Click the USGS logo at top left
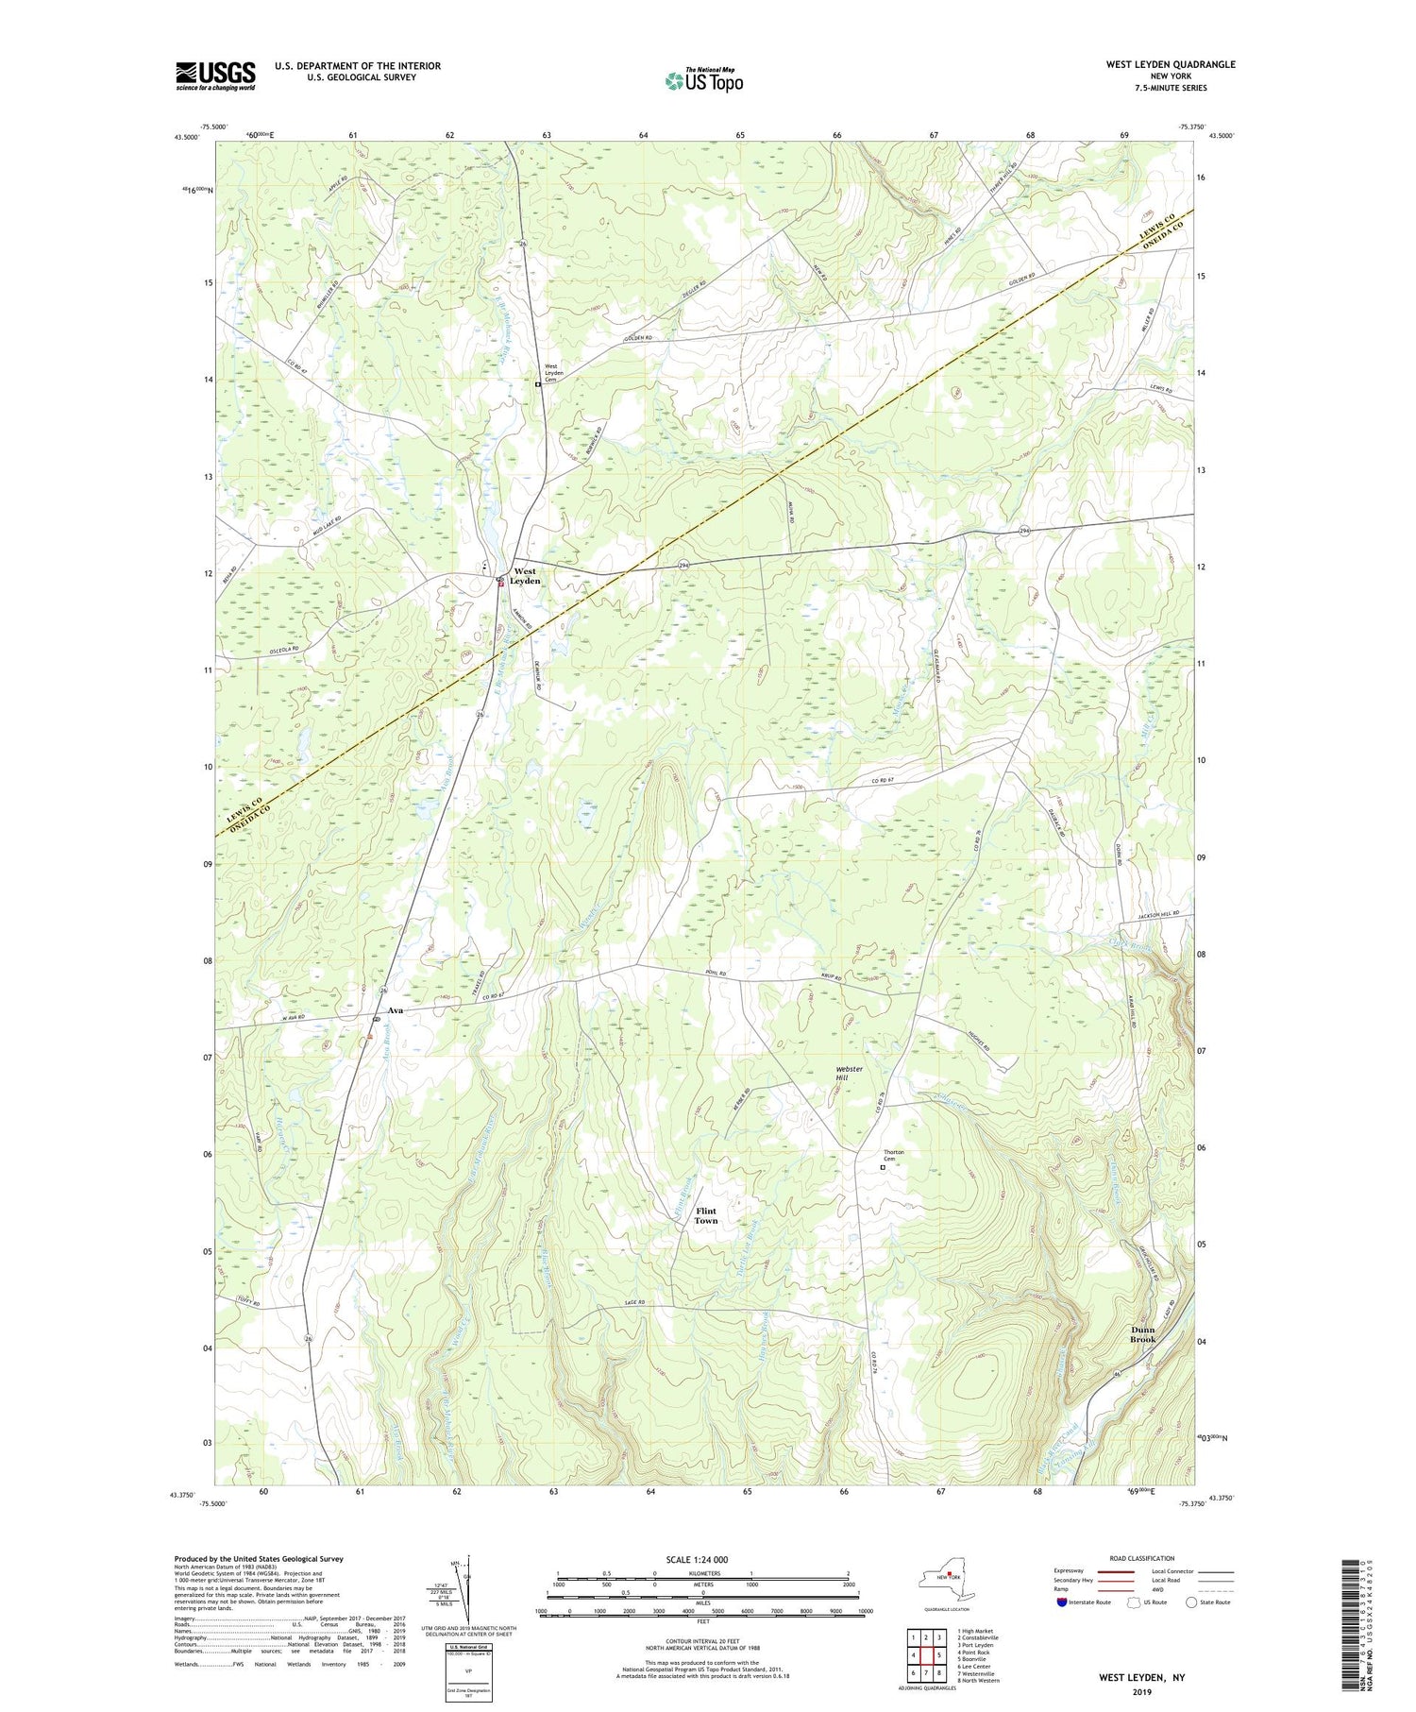click(215, 76)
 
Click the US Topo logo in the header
click(703, 81)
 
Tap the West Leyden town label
click(526, 576)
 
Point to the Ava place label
click(396, 1010)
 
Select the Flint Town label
click(706, 1215)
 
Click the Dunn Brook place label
click(1142, 1334)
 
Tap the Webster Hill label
click(849, 1074)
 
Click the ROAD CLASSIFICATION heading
click(1142, 1558)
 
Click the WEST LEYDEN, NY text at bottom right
click(1141, 1678)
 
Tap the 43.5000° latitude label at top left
click(186, 137)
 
